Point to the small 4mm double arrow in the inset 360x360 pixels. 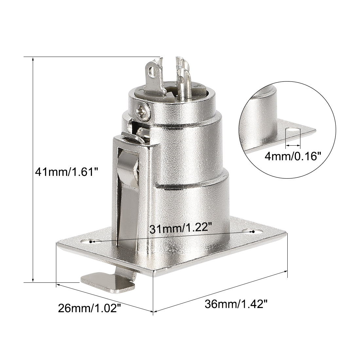(x=293, y=144)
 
